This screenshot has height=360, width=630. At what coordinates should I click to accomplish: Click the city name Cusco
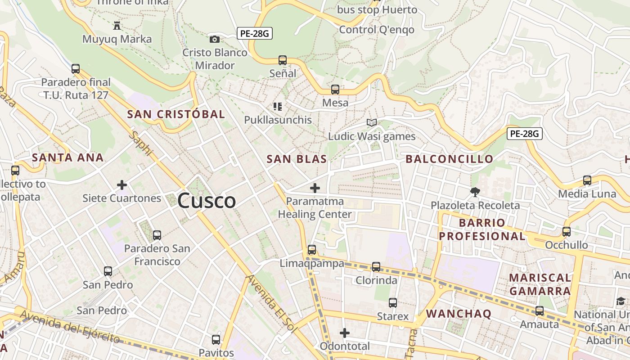207,201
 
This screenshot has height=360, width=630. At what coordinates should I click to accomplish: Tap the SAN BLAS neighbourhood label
297,159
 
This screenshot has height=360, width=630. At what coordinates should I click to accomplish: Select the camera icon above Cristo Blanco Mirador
215,40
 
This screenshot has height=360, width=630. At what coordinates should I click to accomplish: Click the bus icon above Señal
283,60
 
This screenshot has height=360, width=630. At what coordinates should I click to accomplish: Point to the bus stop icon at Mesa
335,89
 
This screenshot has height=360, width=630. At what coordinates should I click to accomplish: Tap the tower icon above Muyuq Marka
117,25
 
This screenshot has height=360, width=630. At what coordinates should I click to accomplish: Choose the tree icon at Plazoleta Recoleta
475,192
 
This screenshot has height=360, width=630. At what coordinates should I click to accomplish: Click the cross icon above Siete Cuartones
121,184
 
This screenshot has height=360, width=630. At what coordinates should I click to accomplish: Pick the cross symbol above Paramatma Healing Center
315,188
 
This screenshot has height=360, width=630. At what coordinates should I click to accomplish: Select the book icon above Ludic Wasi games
372,122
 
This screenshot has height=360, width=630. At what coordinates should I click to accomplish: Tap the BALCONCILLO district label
450,159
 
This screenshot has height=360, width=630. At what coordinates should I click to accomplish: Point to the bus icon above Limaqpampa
312,250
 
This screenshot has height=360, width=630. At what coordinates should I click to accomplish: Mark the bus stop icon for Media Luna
587,180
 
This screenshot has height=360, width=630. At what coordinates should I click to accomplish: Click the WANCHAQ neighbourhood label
459,314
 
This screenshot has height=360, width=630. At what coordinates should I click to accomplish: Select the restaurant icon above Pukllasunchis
278,107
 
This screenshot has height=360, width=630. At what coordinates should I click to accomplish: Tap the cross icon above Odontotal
345,333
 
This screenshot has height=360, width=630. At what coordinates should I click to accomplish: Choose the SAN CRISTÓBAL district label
176,114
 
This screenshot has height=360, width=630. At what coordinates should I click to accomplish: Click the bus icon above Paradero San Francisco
157,235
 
